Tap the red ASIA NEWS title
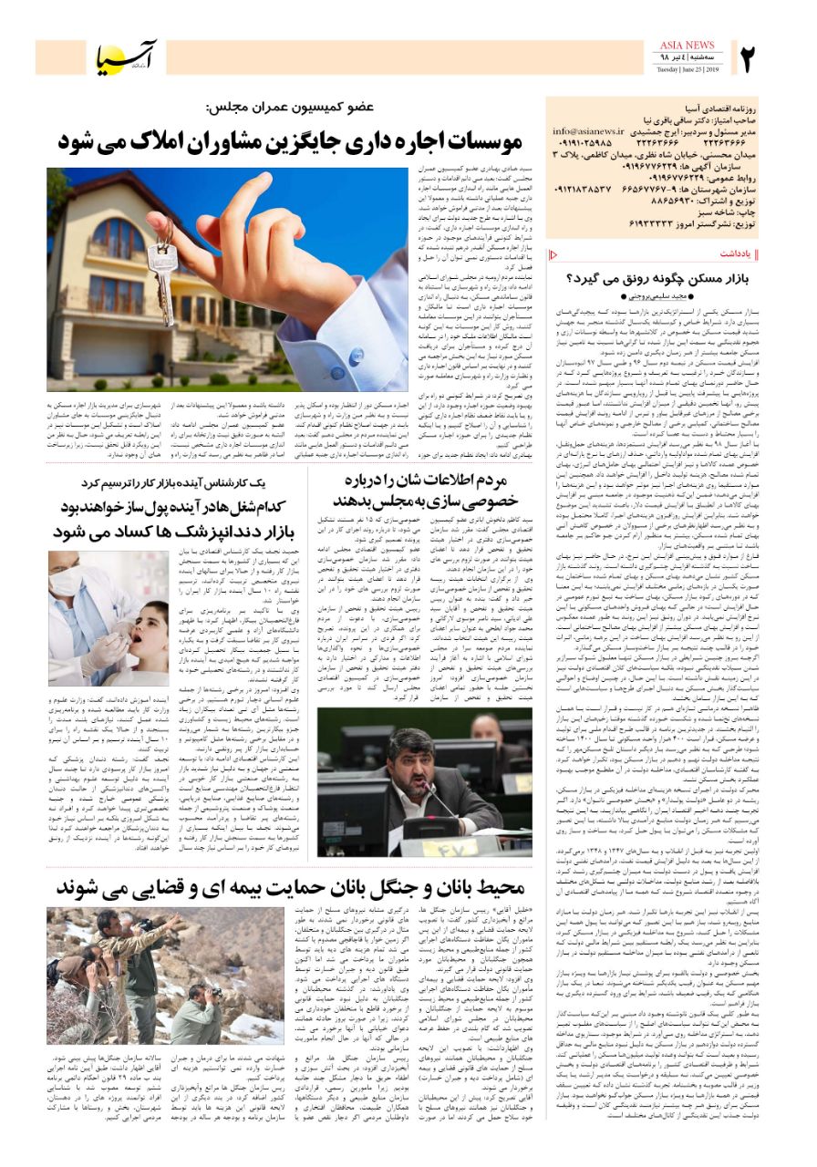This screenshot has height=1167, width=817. [x=686, y=46]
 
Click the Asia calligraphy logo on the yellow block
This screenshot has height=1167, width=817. [x=128, y=57]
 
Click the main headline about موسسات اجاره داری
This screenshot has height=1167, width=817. [x=290, y=140]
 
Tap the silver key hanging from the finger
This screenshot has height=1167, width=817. [x=164, y=278]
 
